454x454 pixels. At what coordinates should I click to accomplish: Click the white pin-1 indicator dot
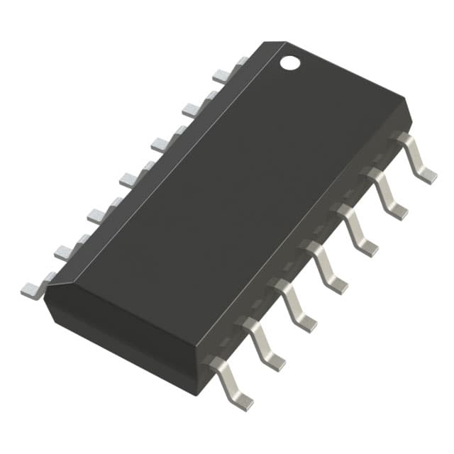pos(289,62)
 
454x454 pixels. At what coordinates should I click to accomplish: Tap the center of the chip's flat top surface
pos(227,192)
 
